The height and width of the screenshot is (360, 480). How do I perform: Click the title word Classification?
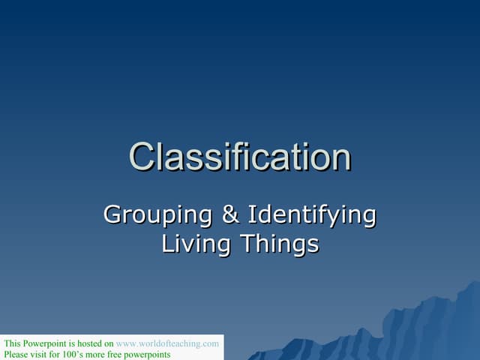coord(240,157)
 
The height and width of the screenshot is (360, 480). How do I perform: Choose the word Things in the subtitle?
coord(278,244)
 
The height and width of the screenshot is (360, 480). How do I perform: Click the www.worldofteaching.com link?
coord(168,343)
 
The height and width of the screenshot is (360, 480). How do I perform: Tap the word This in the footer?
coord(12,343)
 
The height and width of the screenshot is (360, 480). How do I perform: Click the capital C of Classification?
coord(143,157)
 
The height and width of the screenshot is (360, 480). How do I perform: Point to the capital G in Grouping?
coord(112,214)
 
